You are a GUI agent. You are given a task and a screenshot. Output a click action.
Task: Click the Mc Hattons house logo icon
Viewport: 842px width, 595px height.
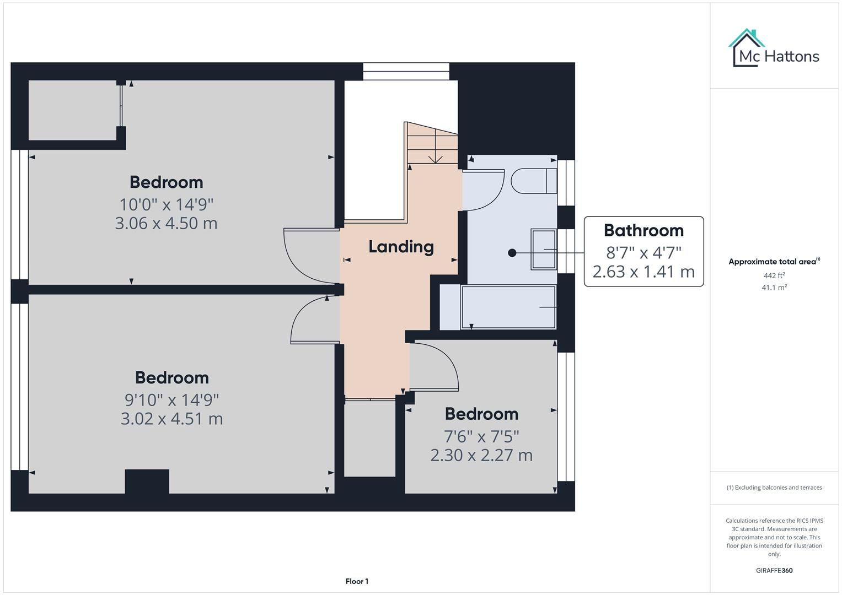(x=747, y=48)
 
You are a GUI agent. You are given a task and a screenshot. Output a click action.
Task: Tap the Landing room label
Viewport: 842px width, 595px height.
(x=401, y=247)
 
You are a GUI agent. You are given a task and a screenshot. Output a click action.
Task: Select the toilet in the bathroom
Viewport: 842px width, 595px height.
(x=533, y=181)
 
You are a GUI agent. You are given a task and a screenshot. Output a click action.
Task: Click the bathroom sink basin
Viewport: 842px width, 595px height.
(x=544, y=250)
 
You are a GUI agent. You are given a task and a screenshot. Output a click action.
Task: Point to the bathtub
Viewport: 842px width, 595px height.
(x=508, y=307)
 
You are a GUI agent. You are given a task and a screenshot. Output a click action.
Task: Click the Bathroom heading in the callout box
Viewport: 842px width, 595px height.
(x=643, y=230)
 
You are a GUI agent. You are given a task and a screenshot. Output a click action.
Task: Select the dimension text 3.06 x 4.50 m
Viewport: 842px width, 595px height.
(x=166, y=224)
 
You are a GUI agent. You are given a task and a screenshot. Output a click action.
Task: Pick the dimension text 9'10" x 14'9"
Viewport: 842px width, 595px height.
(x=171, y=399)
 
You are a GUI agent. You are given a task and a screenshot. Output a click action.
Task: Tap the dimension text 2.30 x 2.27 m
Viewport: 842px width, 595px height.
(x=481, y=456)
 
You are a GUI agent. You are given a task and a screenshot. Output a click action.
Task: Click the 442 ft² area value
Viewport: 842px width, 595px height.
(x=774, y=275)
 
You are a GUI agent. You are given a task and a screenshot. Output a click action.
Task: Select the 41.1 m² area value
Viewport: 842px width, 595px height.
(x=774, y=288)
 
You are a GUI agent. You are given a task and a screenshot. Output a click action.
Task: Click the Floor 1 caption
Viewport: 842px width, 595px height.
(x=357, y=581)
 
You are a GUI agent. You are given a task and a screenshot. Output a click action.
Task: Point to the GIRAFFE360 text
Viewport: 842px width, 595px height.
(x=774, y=571)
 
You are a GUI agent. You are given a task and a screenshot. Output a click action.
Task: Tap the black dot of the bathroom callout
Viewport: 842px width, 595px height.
(x=512, y=253)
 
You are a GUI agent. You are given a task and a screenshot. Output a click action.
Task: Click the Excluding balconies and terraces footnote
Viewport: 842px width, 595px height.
(x=774, y=488)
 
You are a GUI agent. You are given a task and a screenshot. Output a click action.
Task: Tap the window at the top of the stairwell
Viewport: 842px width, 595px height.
(x=406, y=71)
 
